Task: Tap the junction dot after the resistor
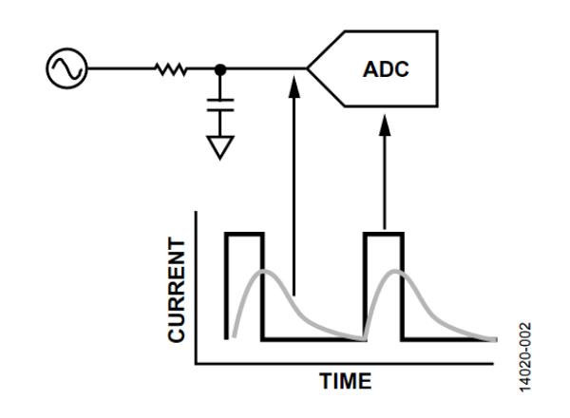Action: coord(221,69)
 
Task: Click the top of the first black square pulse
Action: coord(243,233)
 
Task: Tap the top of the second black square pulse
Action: coord(384,233)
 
